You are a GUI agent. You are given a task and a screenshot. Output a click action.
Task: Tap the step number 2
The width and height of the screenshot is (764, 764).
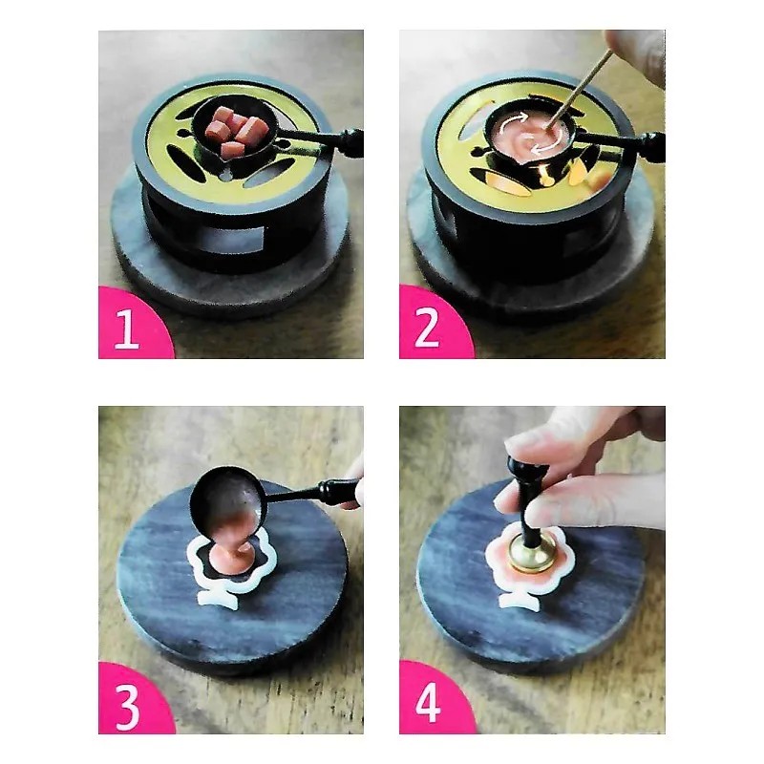(427, 329)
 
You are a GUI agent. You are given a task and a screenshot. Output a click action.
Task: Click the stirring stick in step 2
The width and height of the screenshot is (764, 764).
(579, 89)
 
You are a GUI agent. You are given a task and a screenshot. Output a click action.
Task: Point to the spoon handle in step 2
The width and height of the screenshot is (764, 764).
(619, 145)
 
